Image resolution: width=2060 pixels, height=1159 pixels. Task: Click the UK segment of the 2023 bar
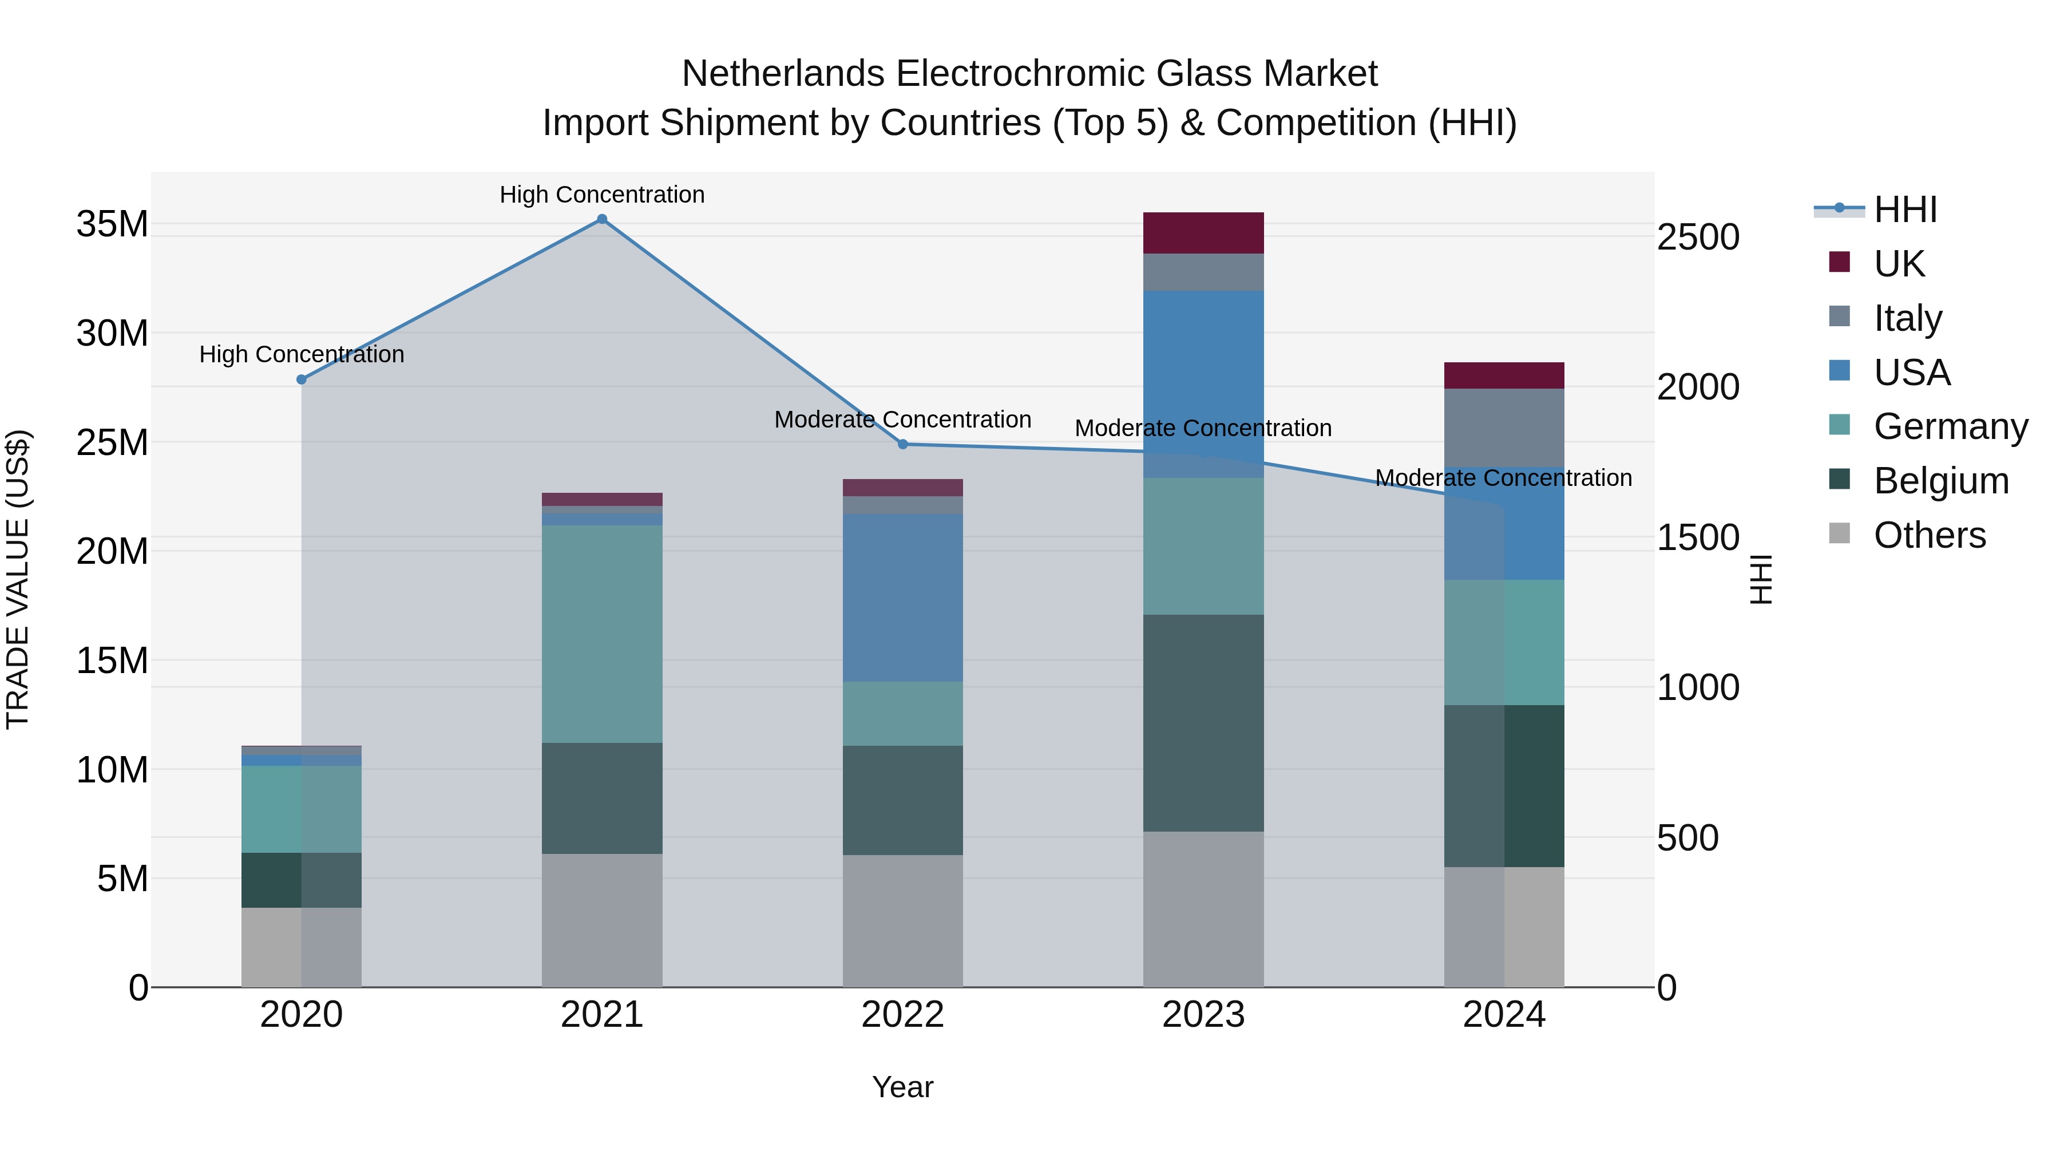1203,233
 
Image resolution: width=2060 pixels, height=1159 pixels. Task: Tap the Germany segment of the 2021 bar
601,634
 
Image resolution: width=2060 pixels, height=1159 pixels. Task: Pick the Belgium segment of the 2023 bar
1203,722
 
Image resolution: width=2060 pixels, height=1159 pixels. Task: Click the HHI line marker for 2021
602,219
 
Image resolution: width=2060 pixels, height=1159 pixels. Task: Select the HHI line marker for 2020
302,379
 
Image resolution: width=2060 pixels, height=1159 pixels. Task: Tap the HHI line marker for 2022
903,444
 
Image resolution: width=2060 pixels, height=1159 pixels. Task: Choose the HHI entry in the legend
1905,209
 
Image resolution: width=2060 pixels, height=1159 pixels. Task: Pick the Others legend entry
1929,535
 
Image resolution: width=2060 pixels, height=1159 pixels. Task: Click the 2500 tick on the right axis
1697,237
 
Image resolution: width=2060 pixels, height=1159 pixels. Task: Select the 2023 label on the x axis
1203,1015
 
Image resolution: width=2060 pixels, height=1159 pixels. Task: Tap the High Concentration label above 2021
602,195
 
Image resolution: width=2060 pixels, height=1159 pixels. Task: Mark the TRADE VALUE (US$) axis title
18,579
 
